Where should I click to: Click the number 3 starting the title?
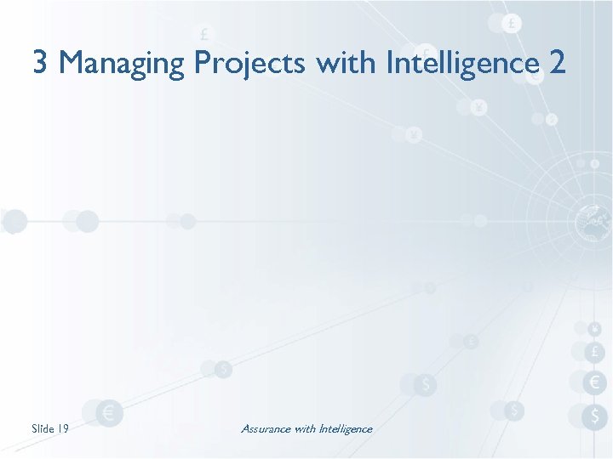coord(40,62)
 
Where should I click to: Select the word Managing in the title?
coord(123,64)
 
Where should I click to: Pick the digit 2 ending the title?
coord(558,62)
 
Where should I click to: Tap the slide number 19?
coord(62,428)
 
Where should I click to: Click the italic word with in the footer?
coord(304,428)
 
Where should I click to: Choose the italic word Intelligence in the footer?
coord(345,428)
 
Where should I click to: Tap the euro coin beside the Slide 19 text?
coord(109,414)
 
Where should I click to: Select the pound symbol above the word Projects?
coord(204,34)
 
